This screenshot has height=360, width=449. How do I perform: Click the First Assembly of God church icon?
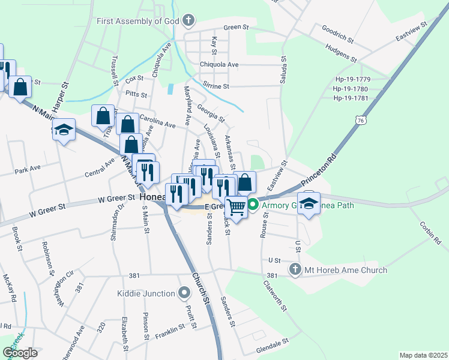(188, 21)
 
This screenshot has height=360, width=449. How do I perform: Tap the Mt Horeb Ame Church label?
(345, 270)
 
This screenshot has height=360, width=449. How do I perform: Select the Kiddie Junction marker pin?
(185, 293)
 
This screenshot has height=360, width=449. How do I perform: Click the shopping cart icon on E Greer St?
(237, 207)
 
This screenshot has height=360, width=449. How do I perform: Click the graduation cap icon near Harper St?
(64, 130)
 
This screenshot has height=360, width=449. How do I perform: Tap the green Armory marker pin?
(253, 205)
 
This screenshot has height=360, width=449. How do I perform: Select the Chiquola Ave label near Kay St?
(219, 65)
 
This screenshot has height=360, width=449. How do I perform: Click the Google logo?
(20, 353)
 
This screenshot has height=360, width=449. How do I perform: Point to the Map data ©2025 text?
(423, 355)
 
